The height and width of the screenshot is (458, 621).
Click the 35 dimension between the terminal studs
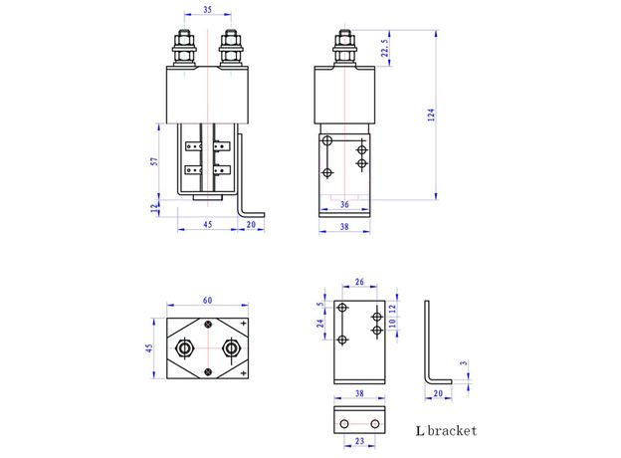pos(205,11)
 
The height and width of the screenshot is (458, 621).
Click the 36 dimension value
pos(343,205)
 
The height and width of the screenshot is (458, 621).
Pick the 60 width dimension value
pos(207,300)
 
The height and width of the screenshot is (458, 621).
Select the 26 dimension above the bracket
pos(359,282)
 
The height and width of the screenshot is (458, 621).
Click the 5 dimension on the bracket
pos(319,305)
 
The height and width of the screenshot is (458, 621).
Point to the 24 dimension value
pos(319,324)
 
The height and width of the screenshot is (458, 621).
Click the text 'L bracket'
pos(446,431)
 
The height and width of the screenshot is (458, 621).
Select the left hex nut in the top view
pos(184,349)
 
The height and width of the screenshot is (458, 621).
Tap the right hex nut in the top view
pos(231,349)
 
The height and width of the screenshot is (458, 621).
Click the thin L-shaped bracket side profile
pos(430,348)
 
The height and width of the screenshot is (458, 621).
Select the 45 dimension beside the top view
pos(149,348)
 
